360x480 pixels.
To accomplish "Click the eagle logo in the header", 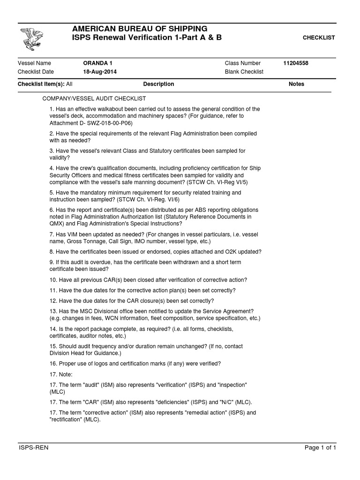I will coord(31,39).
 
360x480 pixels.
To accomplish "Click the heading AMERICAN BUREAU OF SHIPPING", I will coord(139,29).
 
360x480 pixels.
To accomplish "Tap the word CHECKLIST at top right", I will coord(319,37).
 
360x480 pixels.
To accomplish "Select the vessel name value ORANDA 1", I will coord(97,63).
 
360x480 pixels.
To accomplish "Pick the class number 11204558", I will coord(296,63).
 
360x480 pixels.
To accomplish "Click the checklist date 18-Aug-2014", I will coord(100,72).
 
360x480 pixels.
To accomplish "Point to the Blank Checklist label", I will coord(244,72).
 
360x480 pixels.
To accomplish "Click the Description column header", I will coord(158,84).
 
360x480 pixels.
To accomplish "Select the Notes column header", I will coord(296,84).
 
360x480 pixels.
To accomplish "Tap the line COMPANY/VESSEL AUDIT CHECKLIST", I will coord(94,99).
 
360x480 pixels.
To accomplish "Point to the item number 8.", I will coord(52,252).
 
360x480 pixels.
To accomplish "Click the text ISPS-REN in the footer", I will coord(33,448).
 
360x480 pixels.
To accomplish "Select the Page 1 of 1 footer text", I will coord(320,448).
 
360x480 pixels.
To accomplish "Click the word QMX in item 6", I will coord(56,224).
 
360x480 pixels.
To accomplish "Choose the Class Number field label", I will coord(243,63).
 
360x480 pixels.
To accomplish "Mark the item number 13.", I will coord(53,311).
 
